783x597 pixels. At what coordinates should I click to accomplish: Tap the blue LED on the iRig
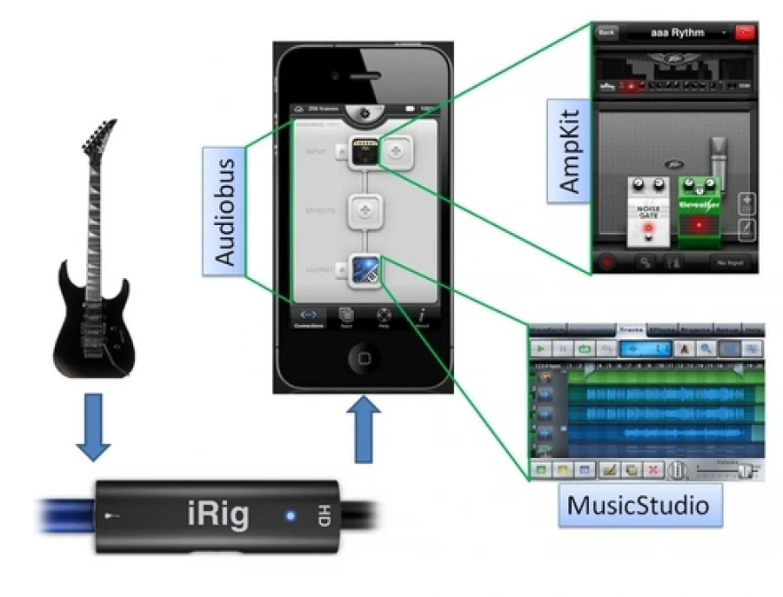pos(290,517)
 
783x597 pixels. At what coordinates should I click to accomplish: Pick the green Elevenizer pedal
pos(699,207)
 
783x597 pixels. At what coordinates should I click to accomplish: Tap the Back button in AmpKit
pos(606,32)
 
